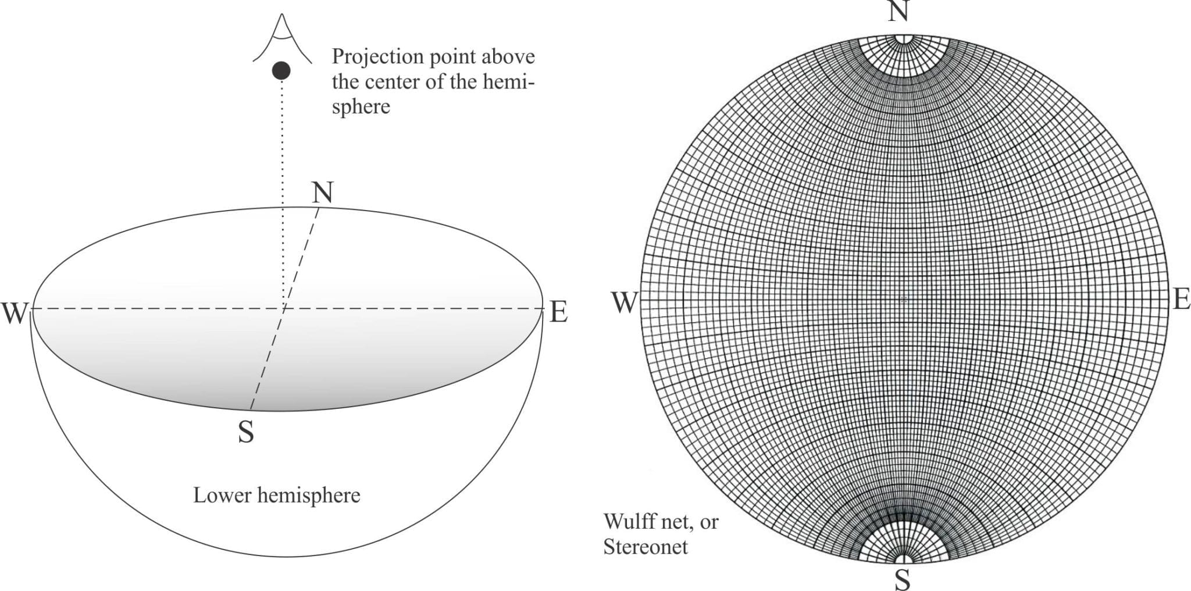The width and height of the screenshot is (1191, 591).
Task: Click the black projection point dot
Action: click(281, 71)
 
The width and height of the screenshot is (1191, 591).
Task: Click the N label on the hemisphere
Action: click(322, 193)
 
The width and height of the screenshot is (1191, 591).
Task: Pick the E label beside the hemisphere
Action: click(558, 313)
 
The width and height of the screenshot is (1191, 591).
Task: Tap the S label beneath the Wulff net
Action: click(902, 579)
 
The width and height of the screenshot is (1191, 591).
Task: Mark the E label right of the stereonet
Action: click(1181, 300)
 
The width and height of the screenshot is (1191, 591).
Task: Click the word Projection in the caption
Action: click(377, 57)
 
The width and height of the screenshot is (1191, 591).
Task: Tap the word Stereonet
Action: click(645, 547)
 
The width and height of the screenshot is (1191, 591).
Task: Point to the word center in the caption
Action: click(391, 81)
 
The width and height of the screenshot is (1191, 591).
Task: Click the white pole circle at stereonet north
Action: click(904, 39)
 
